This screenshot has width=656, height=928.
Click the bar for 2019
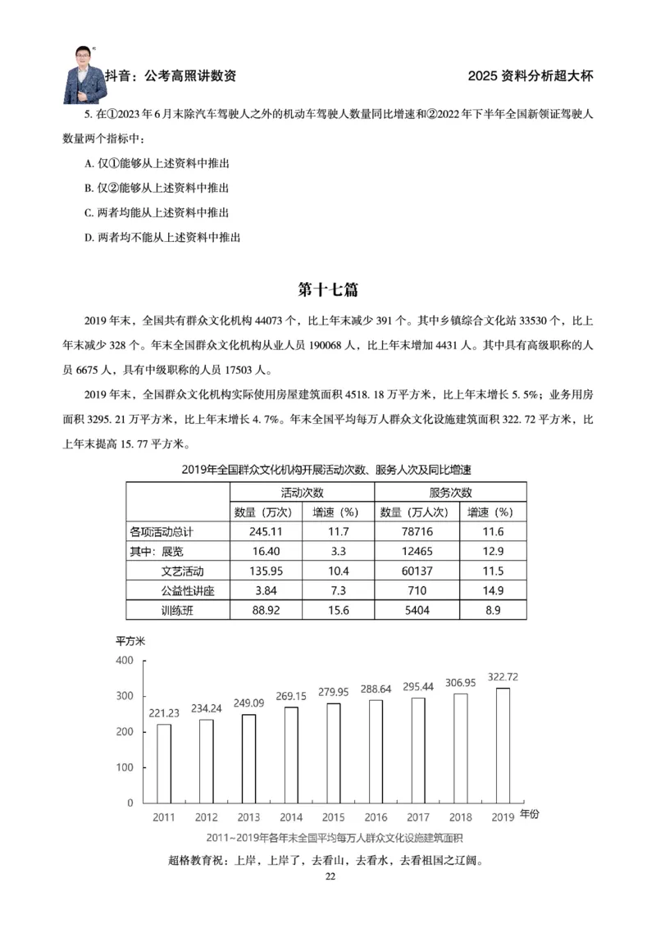point(503,745)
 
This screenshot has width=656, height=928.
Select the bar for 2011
point(164,763)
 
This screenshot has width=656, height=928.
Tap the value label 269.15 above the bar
point(291,696)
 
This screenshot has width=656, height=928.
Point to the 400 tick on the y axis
point(125,661)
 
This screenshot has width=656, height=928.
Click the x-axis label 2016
point(376,817)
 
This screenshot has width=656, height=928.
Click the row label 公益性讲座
point(189,590)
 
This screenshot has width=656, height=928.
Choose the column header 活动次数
point(301,493)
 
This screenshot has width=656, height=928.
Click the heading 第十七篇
point(328,290)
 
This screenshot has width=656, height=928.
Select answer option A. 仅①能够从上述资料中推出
point(157,164)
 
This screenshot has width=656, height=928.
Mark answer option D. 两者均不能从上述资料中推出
point(162,238)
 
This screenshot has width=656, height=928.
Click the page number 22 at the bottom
point(330,876)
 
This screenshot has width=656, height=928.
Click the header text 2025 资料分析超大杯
point(530,75)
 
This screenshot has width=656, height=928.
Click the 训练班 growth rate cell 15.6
point(338,610)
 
